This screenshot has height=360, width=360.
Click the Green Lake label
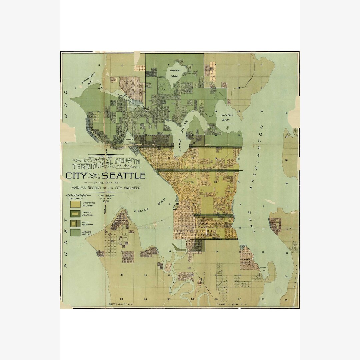click(175, 73)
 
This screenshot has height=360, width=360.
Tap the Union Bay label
click(227, 118)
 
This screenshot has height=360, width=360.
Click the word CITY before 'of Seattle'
click(76, 176)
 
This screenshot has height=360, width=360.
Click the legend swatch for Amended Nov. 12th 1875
click(75, 214)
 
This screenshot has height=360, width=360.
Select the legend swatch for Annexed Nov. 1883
click(75, 223)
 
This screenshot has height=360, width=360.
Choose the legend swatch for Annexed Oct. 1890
click(75, 232)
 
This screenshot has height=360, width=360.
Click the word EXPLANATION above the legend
click(77, 195)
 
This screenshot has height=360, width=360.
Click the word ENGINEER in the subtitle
click(130, 188)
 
